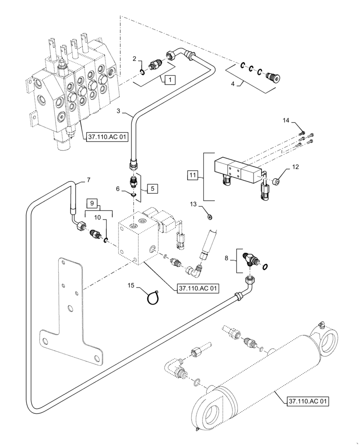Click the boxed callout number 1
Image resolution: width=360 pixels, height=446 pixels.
(169, 80)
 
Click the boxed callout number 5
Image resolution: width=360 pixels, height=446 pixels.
(152, 188)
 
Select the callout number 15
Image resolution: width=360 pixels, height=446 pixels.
(131, 285)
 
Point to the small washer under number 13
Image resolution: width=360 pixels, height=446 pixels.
(210, 217)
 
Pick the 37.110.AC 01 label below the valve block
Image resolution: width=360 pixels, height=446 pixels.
(198, 289)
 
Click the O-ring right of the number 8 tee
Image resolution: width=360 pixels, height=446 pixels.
(265, 267)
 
